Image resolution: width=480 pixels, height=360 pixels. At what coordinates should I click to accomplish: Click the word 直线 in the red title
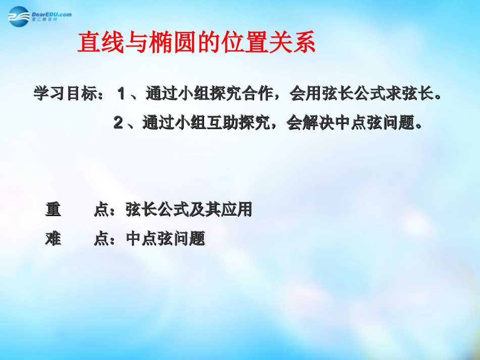(x=101, y=43)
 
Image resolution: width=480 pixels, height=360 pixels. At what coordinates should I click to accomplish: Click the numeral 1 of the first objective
(x=121, y=94)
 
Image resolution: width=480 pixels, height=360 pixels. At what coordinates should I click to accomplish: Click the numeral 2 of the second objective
(x=118, y=123)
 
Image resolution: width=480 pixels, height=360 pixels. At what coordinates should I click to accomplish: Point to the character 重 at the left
(x=54, y=210)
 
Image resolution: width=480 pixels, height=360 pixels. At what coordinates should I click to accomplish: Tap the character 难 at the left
(x=54, y=238)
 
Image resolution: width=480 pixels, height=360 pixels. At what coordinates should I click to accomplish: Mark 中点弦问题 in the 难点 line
(x=165, y=238)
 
